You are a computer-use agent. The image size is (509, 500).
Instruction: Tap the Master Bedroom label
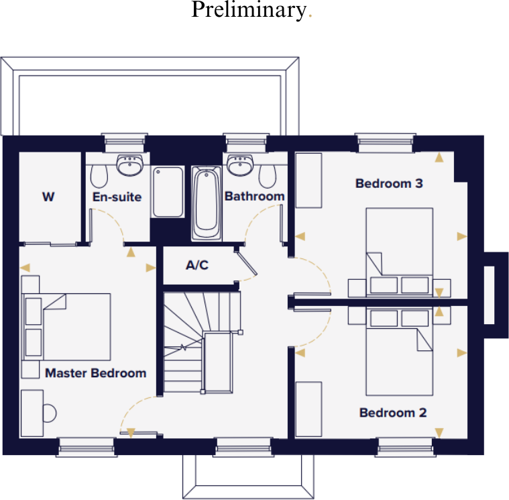(95, 372)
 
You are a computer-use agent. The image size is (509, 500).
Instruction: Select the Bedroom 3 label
(388, 183)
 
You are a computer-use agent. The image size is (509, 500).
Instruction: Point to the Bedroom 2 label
(392, 413)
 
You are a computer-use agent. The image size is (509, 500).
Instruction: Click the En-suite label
(117, 197)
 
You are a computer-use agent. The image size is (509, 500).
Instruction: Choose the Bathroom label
(254, 197)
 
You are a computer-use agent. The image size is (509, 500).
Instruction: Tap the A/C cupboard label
(196, 265)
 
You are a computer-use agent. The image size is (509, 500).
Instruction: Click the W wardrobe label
(48, 197)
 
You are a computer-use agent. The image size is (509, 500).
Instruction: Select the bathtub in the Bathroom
(207, 203)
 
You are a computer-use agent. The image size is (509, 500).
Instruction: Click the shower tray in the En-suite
(168, 192)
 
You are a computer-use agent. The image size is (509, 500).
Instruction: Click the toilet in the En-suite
(99, 176)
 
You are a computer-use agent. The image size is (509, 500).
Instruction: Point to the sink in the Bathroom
(239, 164)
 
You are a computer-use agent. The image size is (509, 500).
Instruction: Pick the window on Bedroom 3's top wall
(386, 142)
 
